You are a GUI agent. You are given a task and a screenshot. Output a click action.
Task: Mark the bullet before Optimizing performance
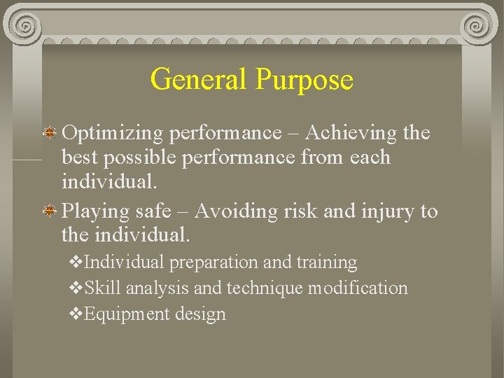tap(51, 132)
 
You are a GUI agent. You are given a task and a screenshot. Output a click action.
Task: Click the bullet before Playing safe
tap(51, 209)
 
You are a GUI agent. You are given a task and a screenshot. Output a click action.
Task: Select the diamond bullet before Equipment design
tap(76, 314)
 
